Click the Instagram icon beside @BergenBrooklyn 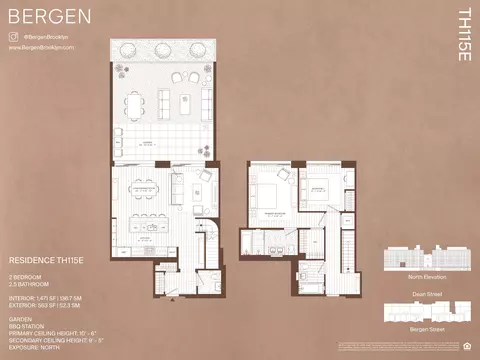[13, 36]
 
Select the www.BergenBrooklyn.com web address [41, 46]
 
